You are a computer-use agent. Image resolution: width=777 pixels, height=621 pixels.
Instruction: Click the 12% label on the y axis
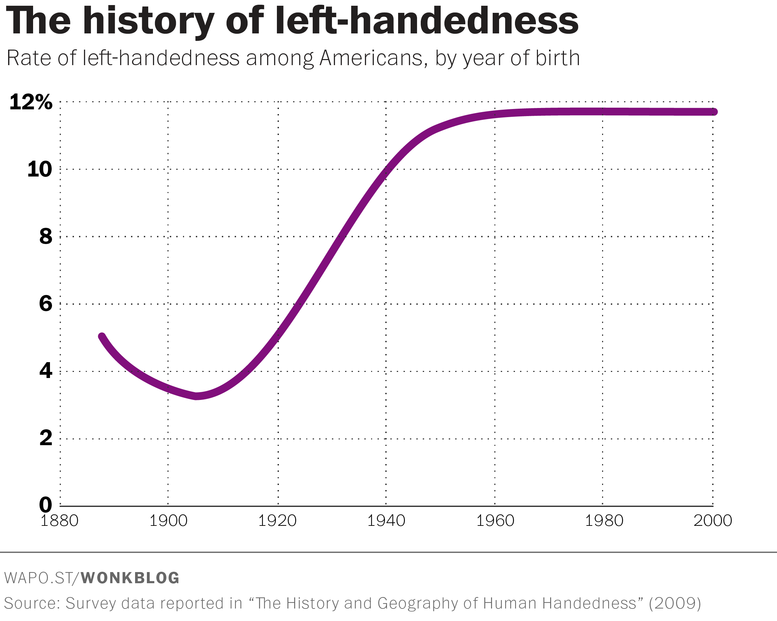coord(31,102)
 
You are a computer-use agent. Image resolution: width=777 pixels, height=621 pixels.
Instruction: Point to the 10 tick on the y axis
coord(40,169)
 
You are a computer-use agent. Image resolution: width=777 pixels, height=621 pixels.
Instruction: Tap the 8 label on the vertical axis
coord(46,237)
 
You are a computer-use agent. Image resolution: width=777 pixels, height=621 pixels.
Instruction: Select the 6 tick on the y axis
coord(46,304)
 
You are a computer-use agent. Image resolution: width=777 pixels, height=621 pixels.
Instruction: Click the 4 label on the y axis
coord(46,371)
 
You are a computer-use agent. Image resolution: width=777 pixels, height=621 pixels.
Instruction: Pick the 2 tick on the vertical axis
coord(46,438)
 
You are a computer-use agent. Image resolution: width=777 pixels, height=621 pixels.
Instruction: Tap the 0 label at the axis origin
coord(46,505)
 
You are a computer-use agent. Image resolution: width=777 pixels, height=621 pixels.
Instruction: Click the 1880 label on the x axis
coord(59,521)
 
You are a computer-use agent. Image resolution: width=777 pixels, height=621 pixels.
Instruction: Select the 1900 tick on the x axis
coord(168,521)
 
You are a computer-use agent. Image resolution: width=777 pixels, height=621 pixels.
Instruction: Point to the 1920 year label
coord(278,521)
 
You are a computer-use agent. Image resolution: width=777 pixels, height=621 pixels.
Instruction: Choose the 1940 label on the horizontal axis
coord(386,521)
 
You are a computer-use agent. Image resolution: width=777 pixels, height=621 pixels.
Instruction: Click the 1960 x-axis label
coord(495,521)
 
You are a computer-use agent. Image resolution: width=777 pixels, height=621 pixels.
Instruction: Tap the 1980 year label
coord(604,521)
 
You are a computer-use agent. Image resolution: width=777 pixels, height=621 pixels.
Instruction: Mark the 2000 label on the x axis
coord(713,521)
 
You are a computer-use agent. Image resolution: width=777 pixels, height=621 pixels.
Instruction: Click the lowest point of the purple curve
coord(197,396)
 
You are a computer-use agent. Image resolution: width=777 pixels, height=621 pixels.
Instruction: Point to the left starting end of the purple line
coord(102,336)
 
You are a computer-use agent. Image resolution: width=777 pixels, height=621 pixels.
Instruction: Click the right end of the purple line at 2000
coord(714,112)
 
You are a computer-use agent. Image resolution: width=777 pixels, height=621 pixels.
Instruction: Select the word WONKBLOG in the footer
coord(130,578)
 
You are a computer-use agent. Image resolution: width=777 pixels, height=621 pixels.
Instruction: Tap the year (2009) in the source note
coord(675,603)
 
